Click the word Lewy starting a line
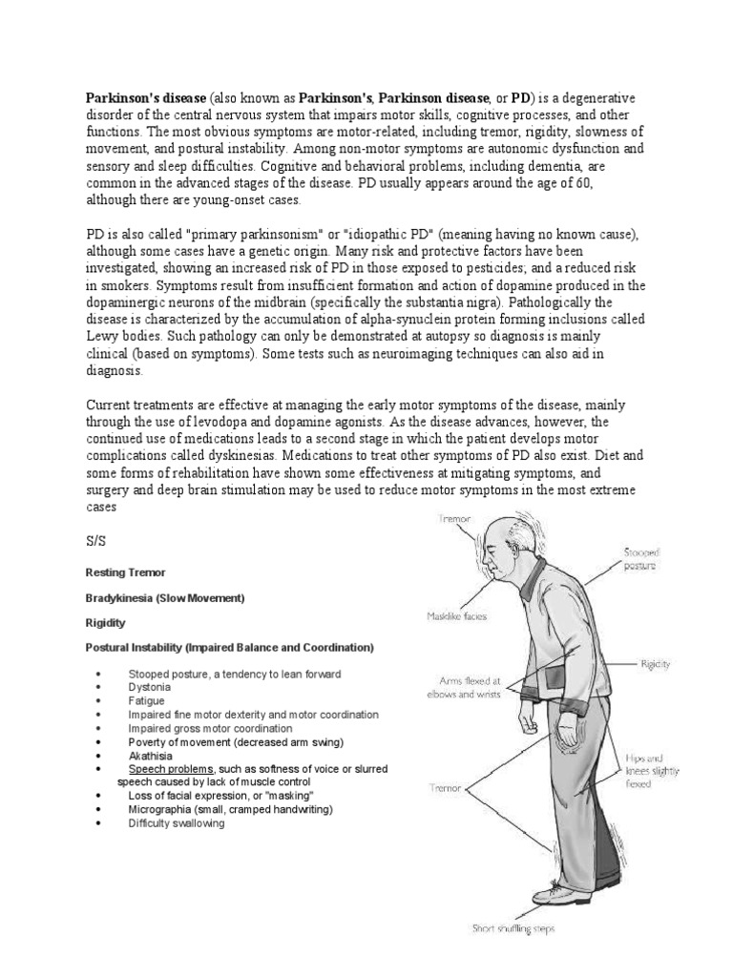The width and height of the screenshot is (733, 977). (x=103, y=336)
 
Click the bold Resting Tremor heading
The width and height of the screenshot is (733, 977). (x=125, y=572)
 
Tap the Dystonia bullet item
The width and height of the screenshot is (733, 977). (x=150, y=687)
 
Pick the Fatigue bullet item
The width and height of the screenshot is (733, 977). (x=147, y=700)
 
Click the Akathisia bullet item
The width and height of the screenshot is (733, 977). (x=151, y=755)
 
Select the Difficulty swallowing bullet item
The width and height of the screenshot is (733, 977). (x=177, y=822)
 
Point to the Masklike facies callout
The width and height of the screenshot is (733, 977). (x=456, y=616)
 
